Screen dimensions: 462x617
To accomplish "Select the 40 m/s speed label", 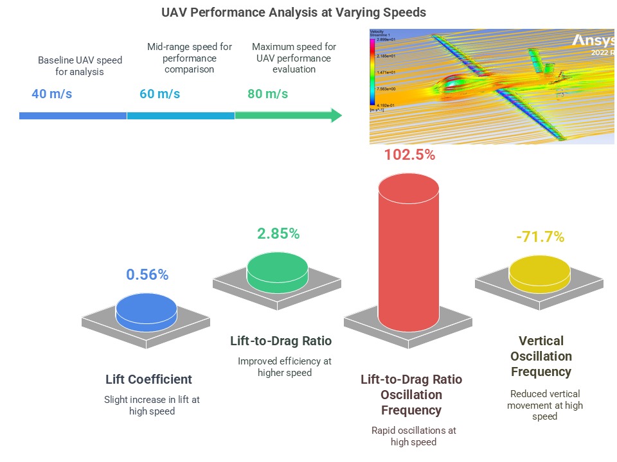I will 51,94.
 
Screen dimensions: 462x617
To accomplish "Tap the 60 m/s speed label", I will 159,94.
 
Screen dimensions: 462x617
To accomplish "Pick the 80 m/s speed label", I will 267,94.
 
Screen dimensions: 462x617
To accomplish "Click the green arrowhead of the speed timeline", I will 335,116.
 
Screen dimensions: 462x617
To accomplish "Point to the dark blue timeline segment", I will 73,116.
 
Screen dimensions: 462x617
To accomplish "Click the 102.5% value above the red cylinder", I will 409,155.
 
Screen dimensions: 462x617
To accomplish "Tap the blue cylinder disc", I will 147,309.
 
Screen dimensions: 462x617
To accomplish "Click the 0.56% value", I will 147,275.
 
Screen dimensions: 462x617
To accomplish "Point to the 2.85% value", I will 278,234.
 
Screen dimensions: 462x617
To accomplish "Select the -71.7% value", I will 540,237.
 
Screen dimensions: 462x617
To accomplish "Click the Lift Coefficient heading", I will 148,379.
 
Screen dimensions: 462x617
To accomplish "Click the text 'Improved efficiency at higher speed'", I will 284,367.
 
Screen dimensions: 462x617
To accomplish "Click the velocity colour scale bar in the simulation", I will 373,71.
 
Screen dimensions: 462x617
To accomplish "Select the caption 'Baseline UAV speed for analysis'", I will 80,66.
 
